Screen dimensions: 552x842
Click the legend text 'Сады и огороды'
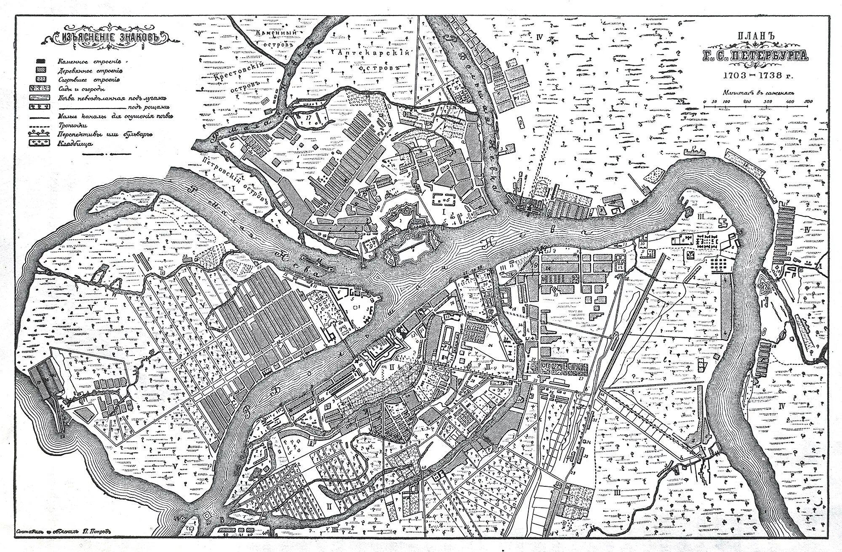pos(82,89)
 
